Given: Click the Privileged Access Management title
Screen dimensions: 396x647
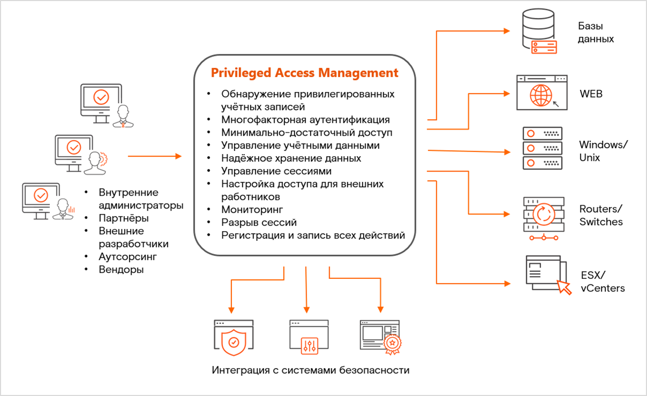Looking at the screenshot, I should [x=304, y=73].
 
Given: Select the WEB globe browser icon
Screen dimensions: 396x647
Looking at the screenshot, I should [x=542, y=93].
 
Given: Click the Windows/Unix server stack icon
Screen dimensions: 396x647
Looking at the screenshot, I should [x=542, y=148].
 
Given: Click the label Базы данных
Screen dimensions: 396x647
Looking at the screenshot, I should [x=596, y=32].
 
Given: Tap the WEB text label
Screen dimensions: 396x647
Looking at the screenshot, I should [x=591, y=95].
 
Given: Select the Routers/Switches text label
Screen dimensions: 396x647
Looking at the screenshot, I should [x=601, y=215].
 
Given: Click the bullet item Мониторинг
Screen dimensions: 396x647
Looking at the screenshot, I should [x=252, y=210].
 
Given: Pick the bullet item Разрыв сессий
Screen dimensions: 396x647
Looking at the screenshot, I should [x=259, y=222].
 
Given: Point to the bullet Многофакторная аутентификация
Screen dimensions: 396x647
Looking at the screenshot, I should [x=305, y=120].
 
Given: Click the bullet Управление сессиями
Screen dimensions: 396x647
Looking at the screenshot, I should [x=276, y=171].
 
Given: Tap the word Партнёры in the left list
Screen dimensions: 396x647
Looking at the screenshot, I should [x=123, y=218].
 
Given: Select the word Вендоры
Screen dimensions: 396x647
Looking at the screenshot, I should [x=121, y=269].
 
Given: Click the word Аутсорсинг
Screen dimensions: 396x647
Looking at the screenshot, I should [x=128, y=256].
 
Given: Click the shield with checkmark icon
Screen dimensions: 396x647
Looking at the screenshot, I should [x=233, y=338].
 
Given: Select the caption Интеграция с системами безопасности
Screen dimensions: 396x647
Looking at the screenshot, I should [x=310, y=370].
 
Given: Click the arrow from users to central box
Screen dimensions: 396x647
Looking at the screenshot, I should [x=154, y=156].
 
